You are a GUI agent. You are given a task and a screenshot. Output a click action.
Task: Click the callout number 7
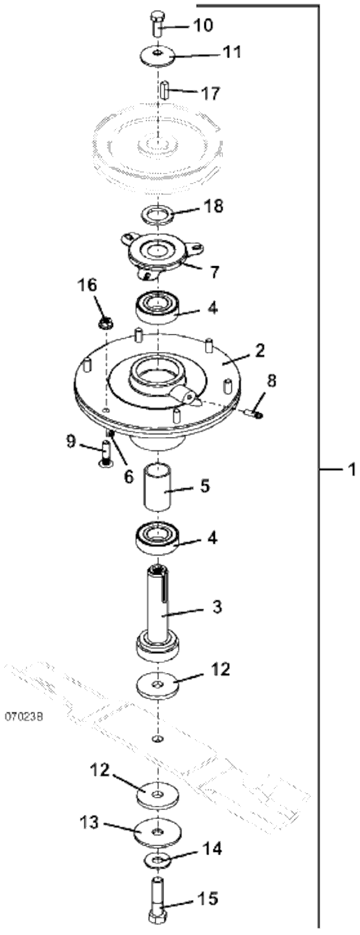[x=214, y=273]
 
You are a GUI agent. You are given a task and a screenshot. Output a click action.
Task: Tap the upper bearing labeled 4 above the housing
[x=158, y=307]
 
